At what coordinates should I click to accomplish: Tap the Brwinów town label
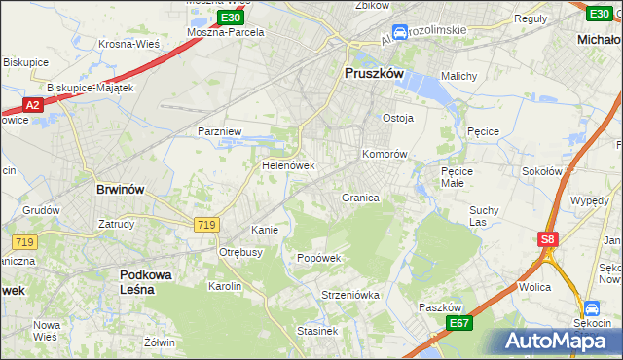point(122,191)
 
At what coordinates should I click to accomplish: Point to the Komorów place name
point(384,154)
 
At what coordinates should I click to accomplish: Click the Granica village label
point(359,198)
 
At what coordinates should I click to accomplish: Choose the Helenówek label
point(288,165)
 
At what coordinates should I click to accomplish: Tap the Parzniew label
point(219,130)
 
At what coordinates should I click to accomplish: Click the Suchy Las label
point(484,215)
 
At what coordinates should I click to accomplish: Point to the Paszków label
point(438,306)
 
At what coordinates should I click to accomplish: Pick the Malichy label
point(458,76)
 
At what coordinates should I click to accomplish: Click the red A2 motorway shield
point(31,104)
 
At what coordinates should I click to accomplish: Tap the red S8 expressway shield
point(548,237)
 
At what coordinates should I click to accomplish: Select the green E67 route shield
point(459,323)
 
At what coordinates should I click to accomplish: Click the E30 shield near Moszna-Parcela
point(231,18)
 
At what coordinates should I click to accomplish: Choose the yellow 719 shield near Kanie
point(205,225)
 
